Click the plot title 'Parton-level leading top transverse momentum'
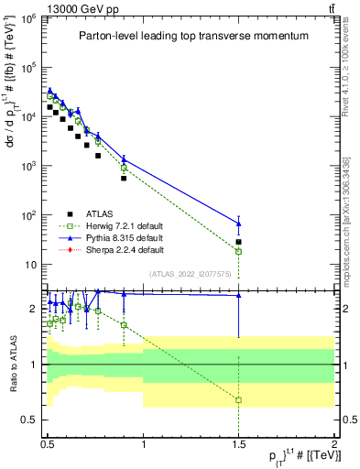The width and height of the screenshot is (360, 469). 190,36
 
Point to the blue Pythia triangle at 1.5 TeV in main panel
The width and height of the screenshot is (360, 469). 239,224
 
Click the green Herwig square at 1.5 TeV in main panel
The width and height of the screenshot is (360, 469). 239,251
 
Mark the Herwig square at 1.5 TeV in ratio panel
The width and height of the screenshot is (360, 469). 239,400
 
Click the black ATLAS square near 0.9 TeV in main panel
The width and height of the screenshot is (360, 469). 124,178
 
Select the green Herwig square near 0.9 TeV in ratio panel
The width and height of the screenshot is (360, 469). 124,325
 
